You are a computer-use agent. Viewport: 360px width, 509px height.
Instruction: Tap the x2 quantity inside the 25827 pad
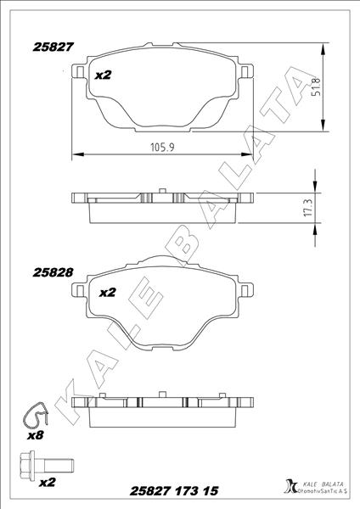(104, 75)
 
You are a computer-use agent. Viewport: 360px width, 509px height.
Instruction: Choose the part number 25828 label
(52, 273)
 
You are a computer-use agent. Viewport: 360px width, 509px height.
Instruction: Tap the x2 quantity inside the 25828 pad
(108, 294)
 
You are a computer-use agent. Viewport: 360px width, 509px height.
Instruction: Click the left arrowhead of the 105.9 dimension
(76, 154)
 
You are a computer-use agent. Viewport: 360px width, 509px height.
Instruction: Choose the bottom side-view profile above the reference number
(162, 409)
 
